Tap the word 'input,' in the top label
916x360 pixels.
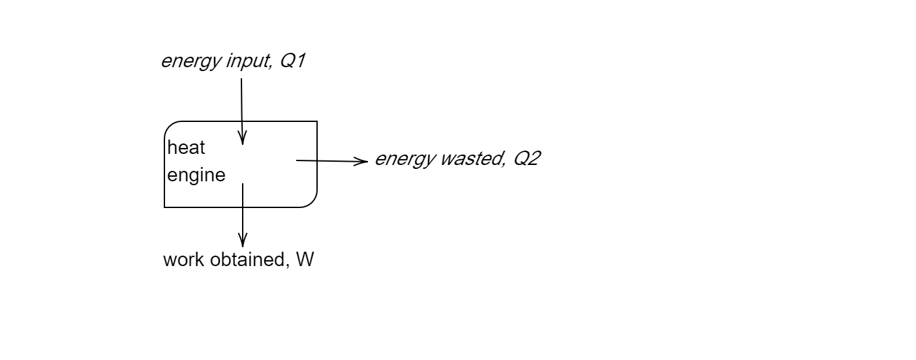[240, 63]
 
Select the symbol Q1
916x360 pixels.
[291, 61]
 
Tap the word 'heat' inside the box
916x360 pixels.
[186, 148]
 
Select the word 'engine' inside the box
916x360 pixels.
[196, 175]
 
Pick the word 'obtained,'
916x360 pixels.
[247, 260]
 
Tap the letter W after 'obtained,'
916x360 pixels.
[305, 260]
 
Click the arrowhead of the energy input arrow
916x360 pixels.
[242, 139]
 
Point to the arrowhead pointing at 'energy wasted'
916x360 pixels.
[363, 161]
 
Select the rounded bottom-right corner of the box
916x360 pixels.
[312, 202]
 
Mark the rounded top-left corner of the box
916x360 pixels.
[169, 126]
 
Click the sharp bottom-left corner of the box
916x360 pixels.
[164, 207]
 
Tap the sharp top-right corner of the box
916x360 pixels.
[317, 121]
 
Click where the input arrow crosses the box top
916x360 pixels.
[241, 121]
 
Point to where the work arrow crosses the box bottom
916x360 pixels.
[243, 207]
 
